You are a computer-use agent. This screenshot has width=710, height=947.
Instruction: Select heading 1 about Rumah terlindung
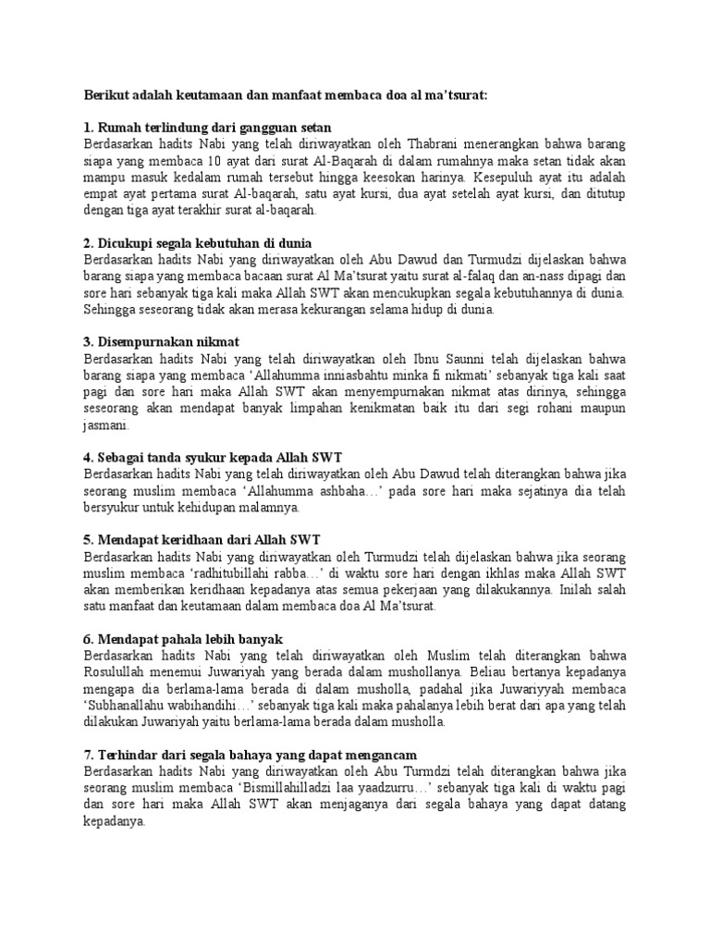[x=208, y=127]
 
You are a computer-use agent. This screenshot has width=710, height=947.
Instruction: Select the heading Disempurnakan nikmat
[x=162, y=343]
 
